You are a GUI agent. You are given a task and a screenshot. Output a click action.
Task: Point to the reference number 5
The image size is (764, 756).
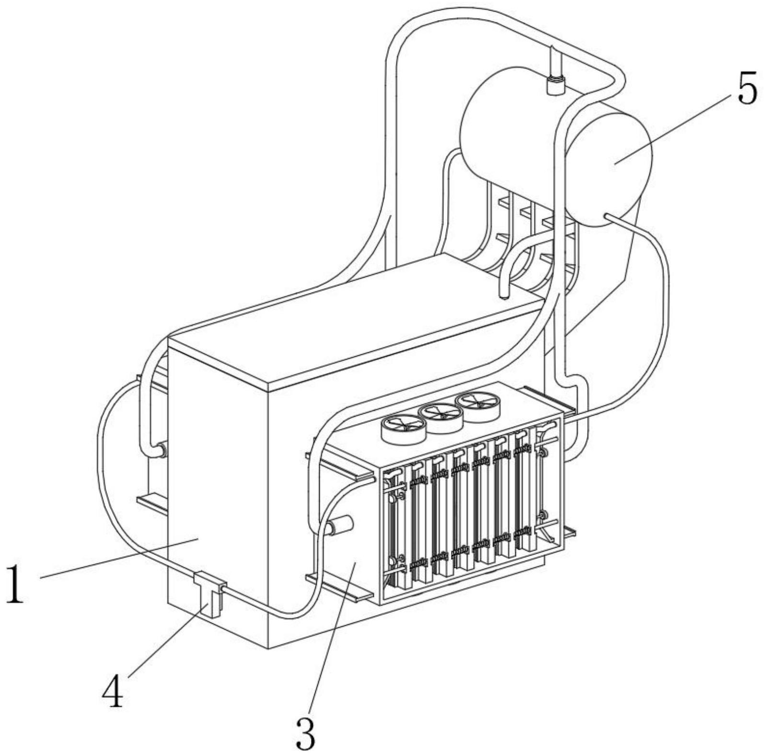pyautogui.click(x=746, y=88)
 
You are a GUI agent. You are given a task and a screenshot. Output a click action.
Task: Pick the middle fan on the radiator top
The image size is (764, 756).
pyautogui.click(x=440, y=416)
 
